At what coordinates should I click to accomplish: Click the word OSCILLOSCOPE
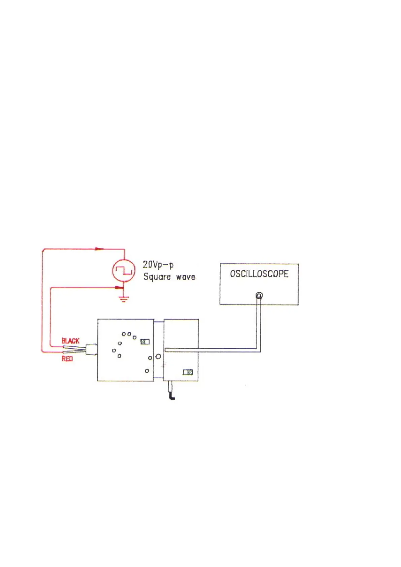click(259, 274)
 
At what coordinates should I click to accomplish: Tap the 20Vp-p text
click(158, 265)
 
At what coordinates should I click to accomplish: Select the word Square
click(157, 277)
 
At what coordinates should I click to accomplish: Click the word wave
click(186, 277)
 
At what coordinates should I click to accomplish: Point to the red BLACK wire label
click(70, 341)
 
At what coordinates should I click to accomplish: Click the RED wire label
click(67, 359)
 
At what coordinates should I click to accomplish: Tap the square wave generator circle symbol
click(124, 270)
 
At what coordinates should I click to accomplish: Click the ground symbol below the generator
click(124, 299)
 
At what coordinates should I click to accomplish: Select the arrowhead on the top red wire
click(99, 249)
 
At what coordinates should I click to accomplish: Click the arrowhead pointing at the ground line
click(118, 288)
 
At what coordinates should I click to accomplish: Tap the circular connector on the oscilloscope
click(259, 296)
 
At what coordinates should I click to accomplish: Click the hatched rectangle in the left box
click(145, 342)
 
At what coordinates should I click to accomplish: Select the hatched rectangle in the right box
click(188, 372)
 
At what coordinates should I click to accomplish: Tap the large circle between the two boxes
click(158, 356)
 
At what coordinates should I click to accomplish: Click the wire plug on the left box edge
click(91, 349)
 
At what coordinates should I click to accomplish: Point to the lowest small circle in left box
click(147, 371)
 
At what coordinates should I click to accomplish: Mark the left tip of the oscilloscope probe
click(166, 350)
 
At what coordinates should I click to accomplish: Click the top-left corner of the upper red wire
click(43, 250)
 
